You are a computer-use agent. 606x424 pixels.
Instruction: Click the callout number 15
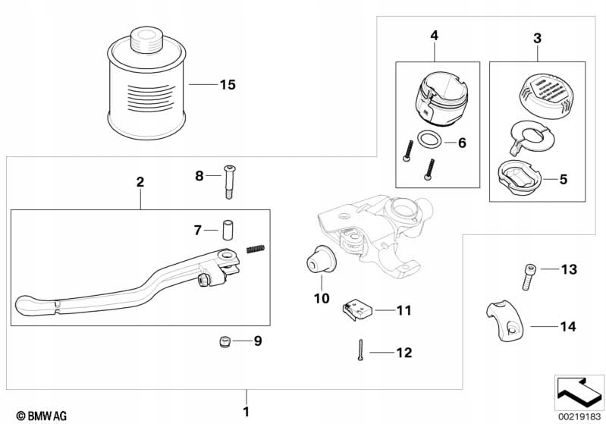coord(228,85)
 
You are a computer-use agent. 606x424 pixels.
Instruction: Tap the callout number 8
coord(199,176)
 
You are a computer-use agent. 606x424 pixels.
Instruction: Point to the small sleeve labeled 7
coord(226,228)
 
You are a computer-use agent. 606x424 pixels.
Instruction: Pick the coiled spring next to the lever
coord(256,250)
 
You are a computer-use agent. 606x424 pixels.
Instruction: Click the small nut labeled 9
coord(224,343)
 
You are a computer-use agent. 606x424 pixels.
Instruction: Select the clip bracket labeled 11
coord(356,309)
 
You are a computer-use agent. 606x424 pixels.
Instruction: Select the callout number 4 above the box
coord(435,36)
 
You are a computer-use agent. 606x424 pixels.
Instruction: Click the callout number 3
coord(537,36)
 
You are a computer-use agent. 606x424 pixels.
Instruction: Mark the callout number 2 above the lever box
coord(140,182)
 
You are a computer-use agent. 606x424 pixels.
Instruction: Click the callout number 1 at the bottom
coord(244,413)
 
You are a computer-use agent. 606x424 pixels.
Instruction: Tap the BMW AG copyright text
coord(41,415)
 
